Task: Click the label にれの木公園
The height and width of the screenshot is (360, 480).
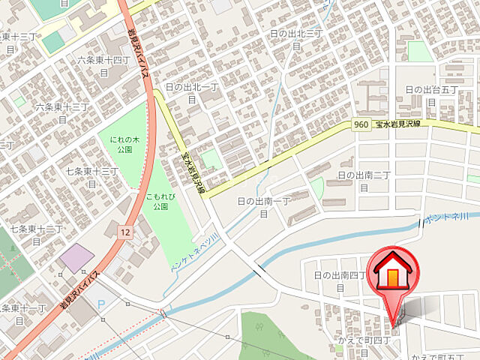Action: click(121, 144)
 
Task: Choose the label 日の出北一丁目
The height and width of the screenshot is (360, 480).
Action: click(191, 92)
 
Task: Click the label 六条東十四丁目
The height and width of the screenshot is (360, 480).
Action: click(103, 65)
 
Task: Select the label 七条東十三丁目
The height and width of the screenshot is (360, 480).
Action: click(91, 177)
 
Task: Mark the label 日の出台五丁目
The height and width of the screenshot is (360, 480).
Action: click(431, 95)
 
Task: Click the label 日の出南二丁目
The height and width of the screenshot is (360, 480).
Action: click(364, 180)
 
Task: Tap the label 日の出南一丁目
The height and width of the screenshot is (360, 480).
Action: click(264, 207)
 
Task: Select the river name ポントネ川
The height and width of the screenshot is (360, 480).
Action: click(445, 219)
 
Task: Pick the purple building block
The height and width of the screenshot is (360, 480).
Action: click(77, 258)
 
